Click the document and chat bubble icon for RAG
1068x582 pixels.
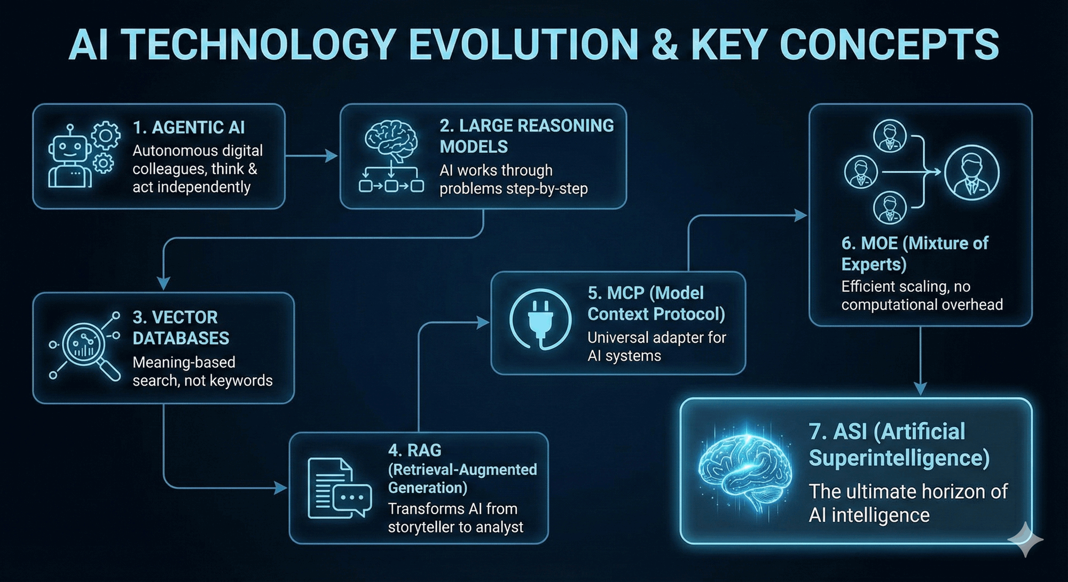340,489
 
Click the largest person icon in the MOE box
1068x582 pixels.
972,172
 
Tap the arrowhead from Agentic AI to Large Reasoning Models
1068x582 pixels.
332,156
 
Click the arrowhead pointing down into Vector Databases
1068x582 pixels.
163,283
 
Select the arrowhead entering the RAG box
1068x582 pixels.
281,488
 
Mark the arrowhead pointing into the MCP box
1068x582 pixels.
483,322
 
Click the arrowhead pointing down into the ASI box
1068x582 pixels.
920,388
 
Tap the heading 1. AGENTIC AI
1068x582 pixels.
189,127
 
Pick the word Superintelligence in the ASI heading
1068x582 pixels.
899,458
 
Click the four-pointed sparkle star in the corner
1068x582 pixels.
1026,539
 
